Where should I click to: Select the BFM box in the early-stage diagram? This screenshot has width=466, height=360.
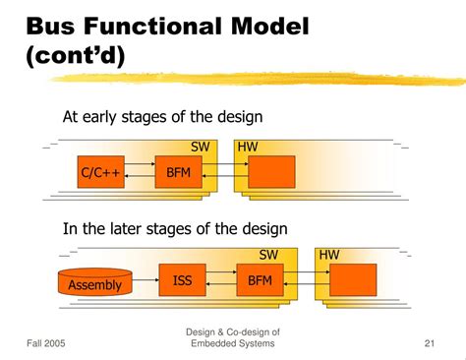point(178,172)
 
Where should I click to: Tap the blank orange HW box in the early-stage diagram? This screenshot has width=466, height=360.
point(271,172)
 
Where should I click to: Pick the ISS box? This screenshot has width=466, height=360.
point(183,280)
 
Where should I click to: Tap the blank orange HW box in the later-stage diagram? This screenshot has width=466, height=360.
point(352,280)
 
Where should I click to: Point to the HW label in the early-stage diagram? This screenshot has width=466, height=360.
point(250,147)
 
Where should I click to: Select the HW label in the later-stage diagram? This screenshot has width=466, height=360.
point(329,255)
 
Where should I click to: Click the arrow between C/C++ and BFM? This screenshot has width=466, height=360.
point(138,172)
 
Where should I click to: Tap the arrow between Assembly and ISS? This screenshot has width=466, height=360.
point(146,280)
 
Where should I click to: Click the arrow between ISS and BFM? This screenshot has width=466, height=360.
point(220,280)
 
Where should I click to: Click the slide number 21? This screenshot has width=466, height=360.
point(430,342)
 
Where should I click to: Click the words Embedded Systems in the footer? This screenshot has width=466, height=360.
point(233,343)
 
